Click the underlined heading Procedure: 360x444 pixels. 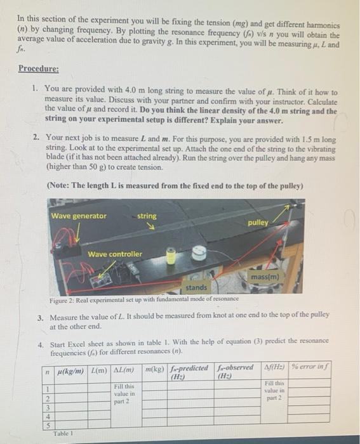39,69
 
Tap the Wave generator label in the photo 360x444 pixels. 79,216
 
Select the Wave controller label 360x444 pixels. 115,254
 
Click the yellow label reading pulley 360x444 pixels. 258,223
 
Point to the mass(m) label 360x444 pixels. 265,277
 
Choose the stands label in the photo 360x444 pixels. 196,287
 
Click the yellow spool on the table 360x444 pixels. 170,256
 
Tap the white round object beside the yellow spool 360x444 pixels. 199,253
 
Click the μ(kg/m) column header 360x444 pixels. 70,370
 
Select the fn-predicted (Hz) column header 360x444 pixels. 189,372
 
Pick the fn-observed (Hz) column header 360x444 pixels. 236,372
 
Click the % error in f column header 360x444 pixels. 310,367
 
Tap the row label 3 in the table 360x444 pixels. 48,408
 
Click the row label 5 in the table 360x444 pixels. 48,425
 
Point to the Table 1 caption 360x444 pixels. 63,433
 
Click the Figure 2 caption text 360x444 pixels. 144,299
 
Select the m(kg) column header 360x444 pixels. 154,369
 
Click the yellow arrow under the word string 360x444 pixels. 152,226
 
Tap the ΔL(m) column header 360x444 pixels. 124,370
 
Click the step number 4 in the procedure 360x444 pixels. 41,345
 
